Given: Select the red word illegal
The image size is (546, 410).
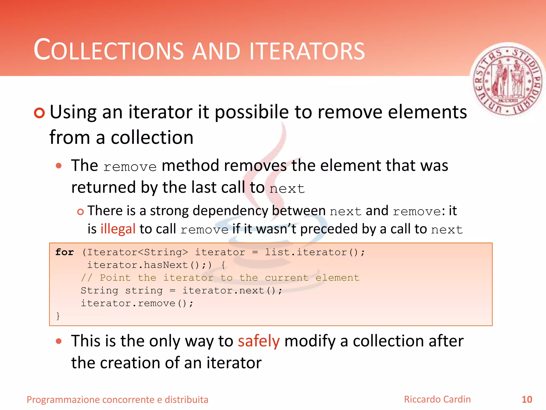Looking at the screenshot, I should click(118, 229).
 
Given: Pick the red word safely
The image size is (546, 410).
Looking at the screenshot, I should click(259, 341).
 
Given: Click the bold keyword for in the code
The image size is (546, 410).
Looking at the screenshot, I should click(65, 252).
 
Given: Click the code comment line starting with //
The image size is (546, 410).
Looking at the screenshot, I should click(220, 278).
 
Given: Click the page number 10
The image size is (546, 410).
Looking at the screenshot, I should click(527, 400).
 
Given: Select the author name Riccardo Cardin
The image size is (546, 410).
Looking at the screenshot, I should click(437, 399).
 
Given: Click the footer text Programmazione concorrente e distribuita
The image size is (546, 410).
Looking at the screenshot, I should click(117, 400).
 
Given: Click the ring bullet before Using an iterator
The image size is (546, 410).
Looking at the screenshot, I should click(39, 113).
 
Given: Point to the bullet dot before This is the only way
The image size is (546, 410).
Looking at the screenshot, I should click(59, 341).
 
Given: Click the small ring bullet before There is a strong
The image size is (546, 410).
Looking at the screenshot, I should click(80, 212).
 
